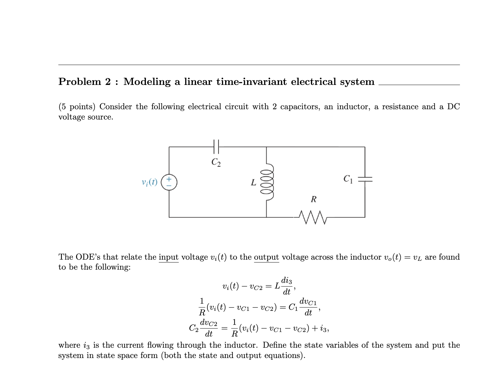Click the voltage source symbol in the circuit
point(169,182)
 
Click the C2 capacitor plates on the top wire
point(216,147)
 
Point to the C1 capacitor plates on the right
point(365,179)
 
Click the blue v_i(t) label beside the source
point(150,182)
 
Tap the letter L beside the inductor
point(253,182)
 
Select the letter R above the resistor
point(314,199)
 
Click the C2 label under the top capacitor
point(216,162)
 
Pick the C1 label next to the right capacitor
point(348,179)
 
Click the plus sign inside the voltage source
point(169,179)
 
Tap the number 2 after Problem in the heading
point(108,82)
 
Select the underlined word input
point(168,257)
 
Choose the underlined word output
point(266,257)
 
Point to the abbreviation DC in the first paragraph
point(453,107)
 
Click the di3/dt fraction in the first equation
point(287,286)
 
